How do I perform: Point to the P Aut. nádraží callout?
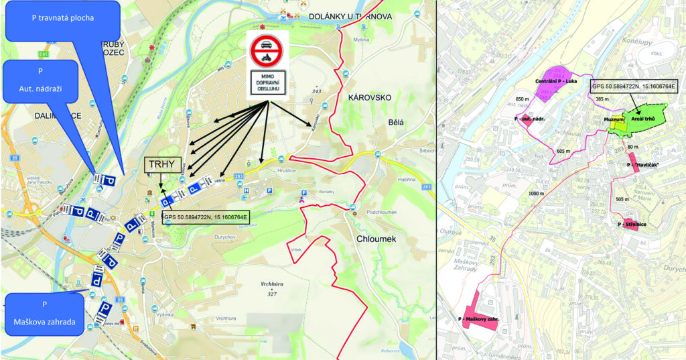click(x=40, y=80)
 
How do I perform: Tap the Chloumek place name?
click(x=377, y=239)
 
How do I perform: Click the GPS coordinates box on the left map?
click(x=206, y=217)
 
